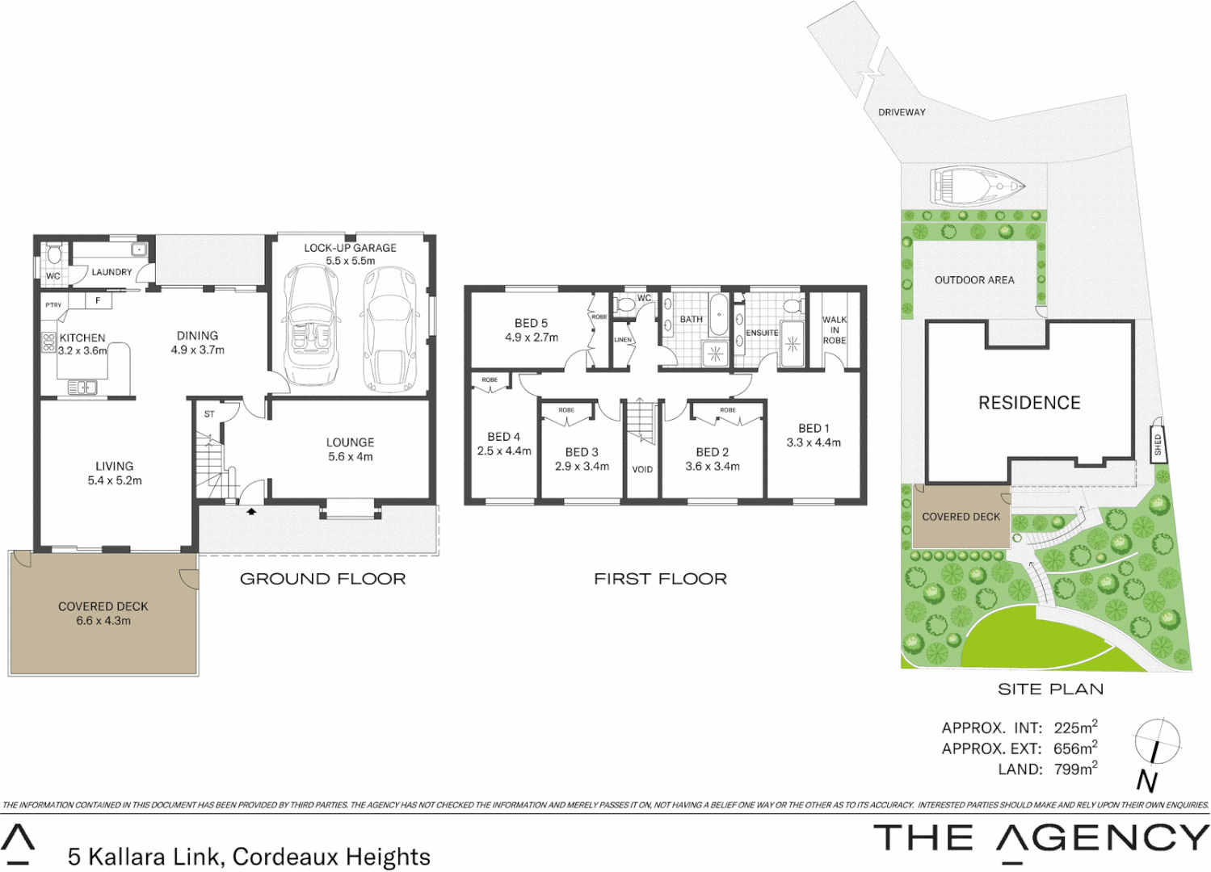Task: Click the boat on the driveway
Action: tap(977, 185)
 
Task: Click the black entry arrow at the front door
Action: tap(251, 511)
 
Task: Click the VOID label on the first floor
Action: tap(642, 469)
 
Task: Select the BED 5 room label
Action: tap(531, 323)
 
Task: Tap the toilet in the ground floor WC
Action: tap(54, 255)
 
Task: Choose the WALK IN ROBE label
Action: tap(835, 330)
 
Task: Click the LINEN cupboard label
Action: tap(623, 340)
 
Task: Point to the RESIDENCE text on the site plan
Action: tap(1029, 403)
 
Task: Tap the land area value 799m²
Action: tap(1075, 769)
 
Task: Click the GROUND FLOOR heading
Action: tap(322, 579)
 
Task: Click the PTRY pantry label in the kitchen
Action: tap(53, 305)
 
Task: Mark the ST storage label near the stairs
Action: tap(209, 414)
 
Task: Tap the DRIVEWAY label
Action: tap(902, 112)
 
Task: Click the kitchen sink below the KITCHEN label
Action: tap(82, 388)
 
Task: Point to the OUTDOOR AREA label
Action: tap(974, 280)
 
